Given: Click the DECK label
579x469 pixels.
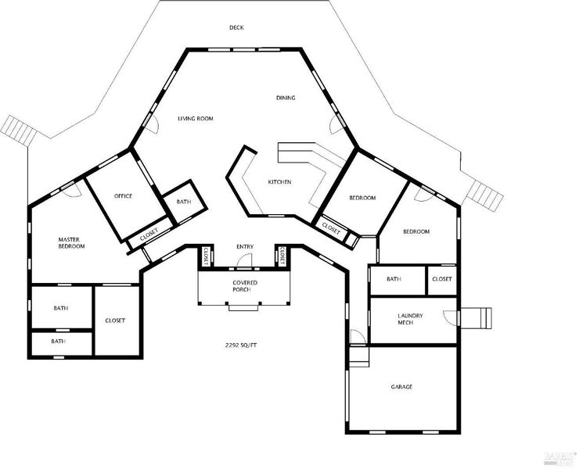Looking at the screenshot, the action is click(x=236, y=27).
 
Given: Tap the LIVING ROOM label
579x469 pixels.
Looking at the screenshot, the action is click(x=196, y=119).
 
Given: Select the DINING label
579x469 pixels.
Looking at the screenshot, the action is click(x=286, y=98).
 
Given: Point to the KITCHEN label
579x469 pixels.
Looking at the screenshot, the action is click(x=279, y=182).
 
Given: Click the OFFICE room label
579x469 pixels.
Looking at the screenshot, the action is click(x=123, y=196).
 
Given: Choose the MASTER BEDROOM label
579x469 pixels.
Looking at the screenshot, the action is click(x=71, y=243).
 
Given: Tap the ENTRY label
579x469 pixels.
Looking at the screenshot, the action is click(x=245, y=246).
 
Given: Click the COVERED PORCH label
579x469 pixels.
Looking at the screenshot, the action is click(x=245, y=286).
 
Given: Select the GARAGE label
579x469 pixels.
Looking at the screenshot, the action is click(x=401, y=387).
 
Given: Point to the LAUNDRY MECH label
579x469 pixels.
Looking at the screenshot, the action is click(x=410, y=319).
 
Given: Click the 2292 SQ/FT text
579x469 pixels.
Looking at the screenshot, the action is click(x=241, y=345).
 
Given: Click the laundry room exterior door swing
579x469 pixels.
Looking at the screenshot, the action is click(x=449, y=318).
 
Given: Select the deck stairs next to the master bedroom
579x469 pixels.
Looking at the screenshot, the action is click(x=20, y=131).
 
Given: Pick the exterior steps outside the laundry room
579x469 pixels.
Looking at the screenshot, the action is click(x=477, y=318).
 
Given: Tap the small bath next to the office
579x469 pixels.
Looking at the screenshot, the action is click(x=184, y=202).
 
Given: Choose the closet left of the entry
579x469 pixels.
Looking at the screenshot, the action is click(x=206, y=256).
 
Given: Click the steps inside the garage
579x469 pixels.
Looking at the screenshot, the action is click(x=359, y=356).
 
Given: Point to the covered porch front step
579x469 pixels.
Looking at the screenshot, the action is click(x=243, y=308).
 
